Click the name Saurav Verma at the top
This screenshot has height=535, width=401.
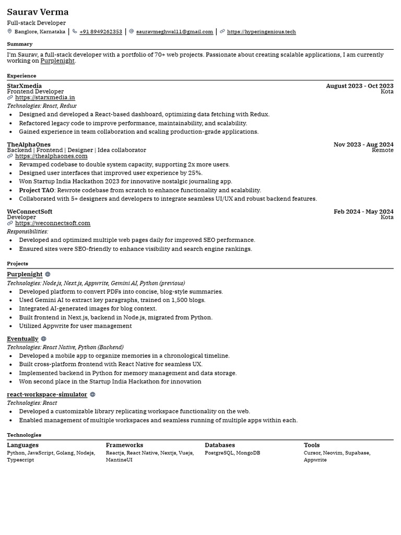click(38, 12)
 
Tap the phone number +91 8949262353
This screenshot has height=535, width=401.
click(101, 32)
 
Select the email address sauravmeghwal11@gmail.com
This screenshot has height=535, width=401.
click(174, 32)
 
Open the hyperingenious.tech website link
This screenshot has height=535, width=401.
click(261, 32)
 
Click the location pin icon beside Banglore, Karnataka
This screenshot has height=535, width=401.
click(9, 31)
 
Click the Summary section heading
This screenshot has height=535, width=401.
click(19, 44)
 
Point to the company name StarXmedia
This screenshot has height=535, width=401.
click(24, 86)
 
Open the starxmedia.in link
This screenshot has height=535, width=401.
click(45, 98)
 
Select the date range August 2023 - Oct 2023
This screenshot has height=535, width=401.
click(359, 86)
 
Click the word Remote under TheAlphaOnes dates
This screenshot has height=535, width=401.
click(382, 150)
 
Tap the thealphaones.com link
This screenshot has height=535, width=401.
click(51, 156)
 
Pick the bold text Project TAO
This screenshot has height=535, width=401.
click(37, 190)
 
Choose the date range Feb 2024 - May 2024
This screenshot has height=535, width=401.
click(363, 212)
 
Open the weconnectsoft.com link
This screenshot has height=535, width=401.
click(52, 223)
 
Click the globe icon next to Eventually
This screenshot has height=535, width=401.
click(43, 339)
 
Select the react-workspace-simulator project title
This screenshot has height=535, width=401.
click(47, 394)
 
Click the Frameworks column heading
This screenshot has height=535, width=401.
click(124, 445)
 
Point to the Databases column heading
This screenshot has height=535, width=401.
click(220, 445)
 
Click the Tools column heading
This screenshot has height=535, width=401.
click(312, 445)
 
